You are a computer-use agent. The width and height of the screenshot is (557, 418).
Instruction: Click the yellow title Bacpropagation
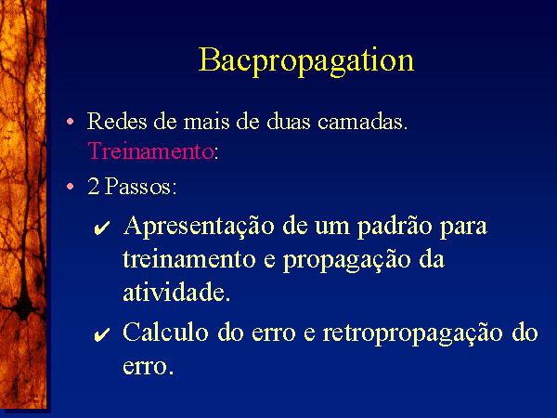(306, 60)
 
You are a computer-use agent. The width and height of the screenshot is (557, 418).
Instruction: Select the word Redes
(117, 121)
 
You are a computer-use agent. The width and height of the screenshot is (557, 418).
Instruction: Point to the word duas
(289, 121)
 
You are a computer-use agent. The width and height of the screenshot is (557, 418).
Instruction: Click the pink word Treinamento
(150, 150)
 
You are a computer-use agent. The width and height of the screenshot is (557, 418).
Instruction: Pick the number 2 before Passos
(94, 186)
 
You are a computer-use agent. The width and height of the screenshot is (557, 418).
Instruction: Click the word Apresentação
(199, 226)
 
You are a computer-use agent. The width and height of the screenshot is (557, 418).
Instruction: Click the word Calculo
(165, 333)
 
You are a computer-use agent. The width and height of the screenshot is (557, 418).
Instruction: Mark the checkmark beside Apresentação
(101, 229)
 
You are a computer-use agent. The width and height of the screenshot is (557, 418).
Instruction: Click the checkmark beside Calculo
(101, 334)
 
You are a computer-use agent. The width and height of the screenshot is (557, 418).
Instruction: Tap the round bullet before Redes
(70, 122)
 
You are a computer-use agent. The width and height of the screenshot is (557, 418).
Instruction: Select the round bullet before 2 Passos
(70, 187)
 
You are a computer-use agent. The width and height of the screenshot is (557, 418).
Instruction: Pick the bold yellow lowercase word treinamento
(189, 259)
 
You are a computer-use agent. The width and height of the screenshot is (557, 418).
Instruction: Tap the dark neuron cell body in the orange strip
(24, 307)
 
